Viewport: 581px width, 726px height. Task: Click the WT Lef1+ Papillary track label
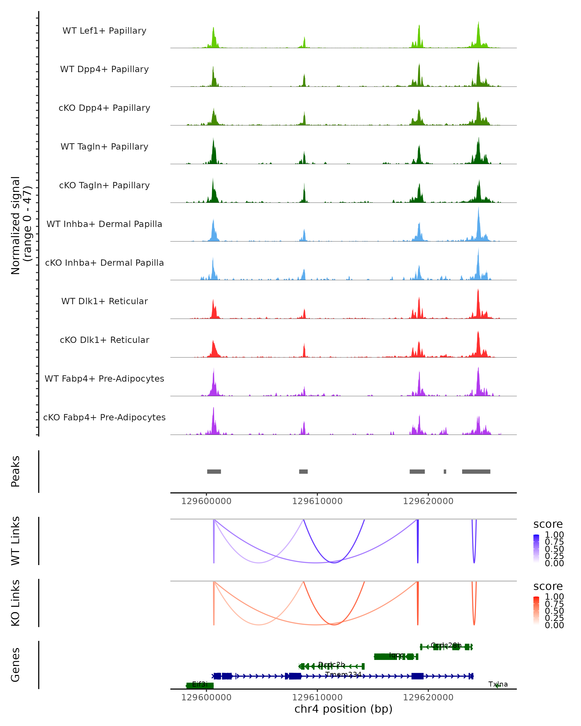pyautogui.click(x=104, y=31)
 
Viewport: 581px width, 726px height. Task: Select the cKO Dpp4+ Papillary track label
pyautogui.click(x=104, y=108)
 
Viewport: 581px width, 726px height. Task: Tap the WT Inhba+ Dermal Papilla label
pyautogui.click(x=104, y=224)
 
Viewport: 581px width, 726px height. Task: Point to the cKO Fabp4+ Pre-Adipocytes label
pyautogui.click(x=104, y=417)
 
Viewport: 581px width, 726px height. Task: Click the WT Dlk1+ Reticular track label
pyautogui.click(x=104, y=301)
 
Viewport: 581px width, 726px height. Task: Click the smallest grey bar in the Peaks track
pyautogui.click(x=445, y=471)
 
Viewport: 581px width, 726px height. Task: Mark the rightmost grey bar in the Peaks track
pyautogui.click(x=476, y=471)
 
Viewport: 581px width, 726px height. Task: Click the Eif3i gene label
pyautogui.click(x=200, y=684)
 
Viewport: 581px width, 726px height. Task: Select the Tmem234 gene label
pyautogui.click(x=343, y=674)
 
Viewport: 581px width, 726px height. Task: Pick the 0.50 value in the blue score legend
pyautogui.click(x=554, y=549)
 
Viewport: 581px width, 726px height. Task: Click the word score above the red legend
pyautogui.click(x=548, y=586)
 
